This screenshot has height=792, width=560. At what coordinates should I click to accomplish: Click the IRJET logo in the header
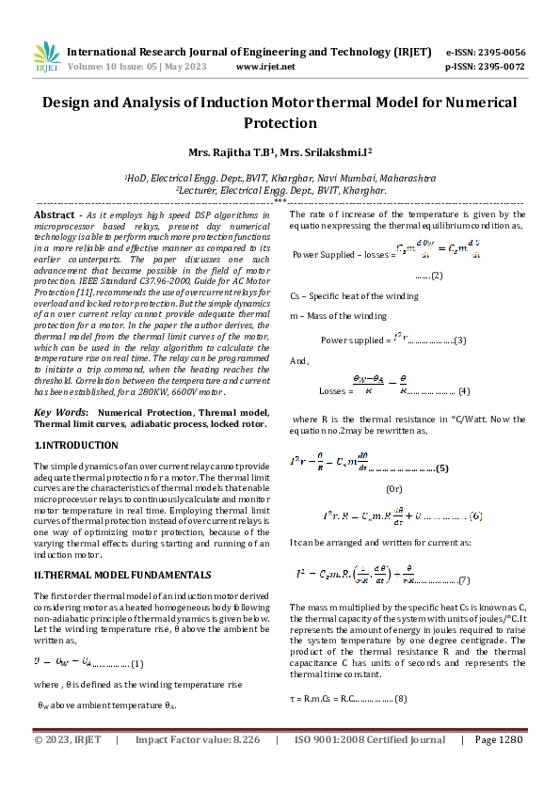(46, 57)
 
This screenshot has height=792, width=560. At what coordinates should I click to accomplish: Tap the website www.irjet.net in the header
(264, 67)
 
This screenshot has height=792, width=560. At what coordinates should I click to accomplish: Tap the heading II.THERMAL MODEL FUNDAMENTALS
(122, 573)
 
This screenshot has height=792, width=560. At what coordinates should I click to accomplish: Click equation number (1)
(136, 664)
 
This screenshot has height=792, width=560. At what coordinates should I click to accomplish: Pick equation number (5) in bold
(441, 467)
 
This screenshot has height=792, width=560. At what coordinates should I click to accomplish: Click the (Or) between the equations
(396, 489)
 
